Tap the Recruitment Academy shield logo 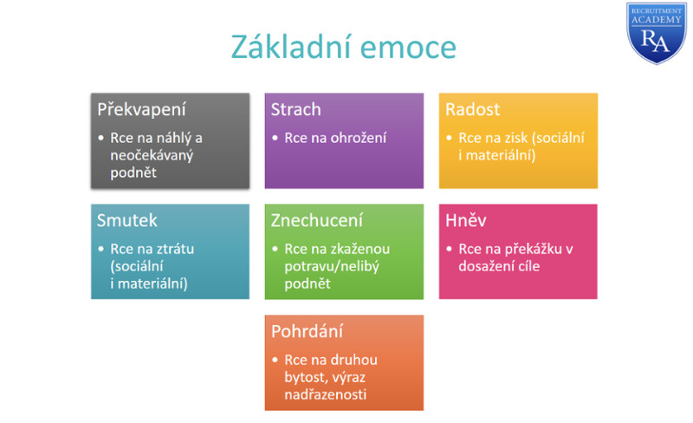pyautogui.click(x=657, y=33)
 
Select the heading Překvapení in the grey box pyautogui.click(x=141, y=110)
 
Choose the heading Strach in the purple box pyautogui.click(x=295, y=109)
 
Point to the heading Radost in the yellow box pyautogui.click(x=472, y=109)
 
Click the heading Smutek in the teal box pyautogui.click(x=126, y=220)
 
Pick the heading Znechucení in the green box pyautogui.click(x=317, y=220)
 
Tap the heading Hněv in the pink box pyautogui.click(x=466, y=220)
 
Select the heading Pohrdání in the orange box pyautogui.click(x=308, y=331)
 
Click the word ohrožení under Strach pyautogui.click(x=359, y=138)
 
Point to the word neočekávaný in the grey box pyautogui.click(x=152, y=155)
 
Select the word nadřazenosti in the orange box pyautogui.click(x=326, y=394)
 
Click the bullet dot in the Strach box pyautogui.click(x=275, y=138)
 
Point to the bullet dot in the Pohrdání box pyautogui.click(x=275, y=360)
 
